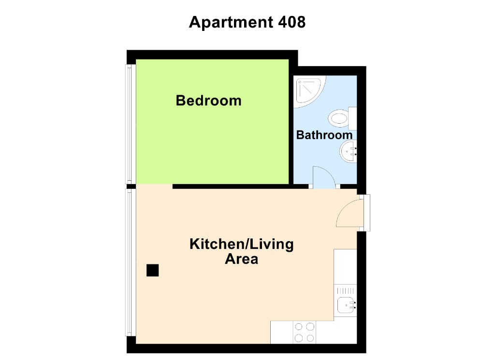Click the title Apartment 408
247,22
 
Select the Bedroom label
208,101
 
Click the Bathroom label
324,135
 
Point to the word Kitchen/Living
241,244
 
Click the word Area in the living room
241,259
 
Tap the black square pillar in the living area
153,271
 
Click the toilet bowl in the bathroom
339,117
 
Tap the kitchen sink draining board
346,291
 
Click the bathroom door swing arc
322,176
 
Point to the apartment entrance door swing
348,214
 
